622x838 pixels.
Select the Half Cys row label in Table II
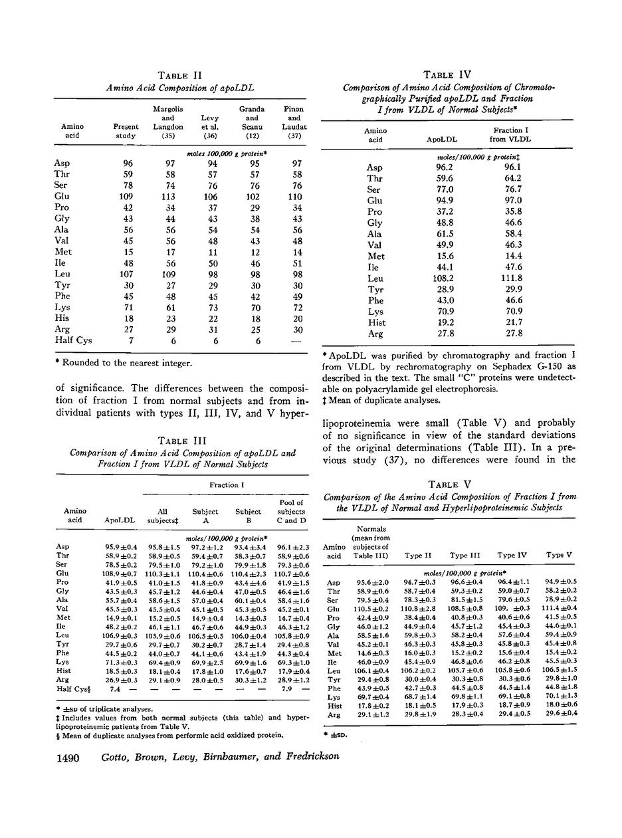(73, 341)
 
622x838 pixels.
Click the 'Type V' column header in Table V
(558, 555)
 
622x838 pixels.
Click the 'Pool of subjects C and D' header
(291, 511)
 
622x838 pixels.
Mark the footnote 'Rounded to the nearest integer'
(126, 363)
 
